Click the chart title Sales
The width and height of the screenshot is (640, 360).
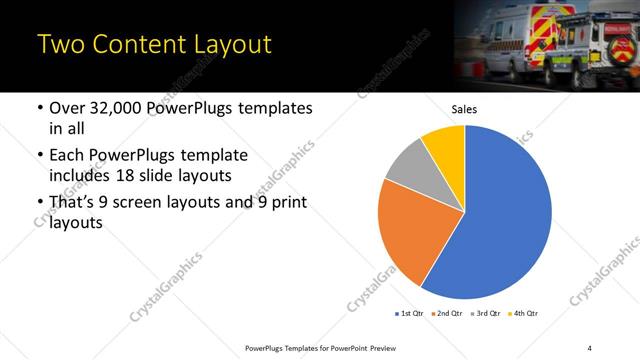[465, 109]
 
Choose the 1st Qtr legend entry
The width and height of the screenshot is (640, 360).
[411, 313]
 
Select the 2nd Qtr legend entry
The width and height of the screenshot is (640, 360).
[448, 313]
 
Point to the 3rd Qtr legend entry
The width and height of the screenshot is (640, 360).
[486, 313]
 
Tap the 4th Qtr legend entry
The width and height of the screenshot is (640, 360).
[524, 313]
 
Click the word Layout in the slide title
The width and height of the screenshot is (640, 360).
[225, 45]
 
